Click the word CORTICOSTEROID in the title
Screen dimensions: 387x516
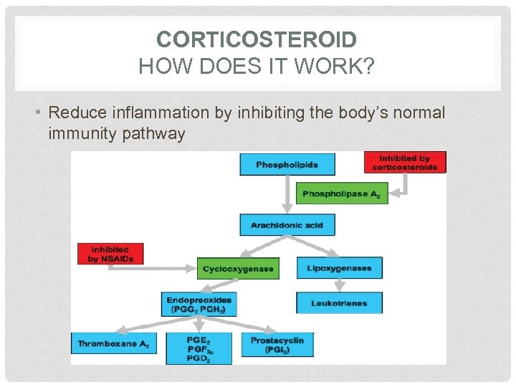(257, 39)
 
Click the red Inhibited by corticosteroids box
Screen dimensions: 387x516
(405, 163)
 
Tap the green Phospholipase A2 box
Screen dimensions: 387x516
(342, 193)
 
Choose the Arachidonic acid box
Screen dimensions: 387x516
(287, 225)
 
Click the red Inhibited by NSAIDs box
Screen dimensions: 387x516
(110, 254)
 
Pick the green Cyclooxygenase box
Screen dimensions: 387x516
(238, 269)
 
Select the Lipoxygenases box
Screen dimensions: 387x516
(339, 268)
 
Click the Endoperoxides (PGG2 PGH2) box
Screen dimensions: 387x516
(200, 305)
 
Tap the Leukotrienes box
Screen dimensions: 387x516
(339, 303)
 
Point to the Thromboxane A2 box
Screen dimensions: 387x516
(113, 344)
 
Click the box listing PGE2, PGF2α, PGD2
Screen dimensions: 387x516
(199, 348)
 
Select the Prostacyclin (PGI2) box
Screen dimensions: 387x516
(277, 345)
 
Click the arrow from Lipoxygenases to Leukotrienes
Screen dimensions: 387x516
(339, 285)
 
